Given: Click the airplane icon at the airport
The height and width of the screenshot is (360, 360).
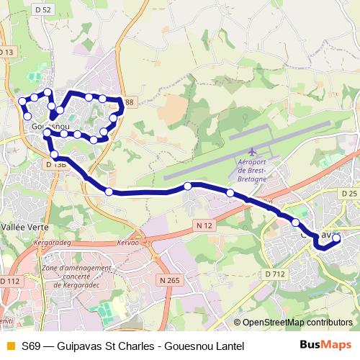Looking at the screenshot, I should pos(251,152).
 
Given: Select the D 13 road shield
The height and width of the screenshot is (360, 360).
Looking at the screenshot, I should pos(6,53).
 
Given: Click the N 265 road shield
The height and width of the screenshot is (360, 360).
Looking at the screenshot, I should pos(170,279).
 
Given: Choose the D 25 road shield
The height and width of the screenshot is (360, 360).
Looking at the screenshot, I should pos(349,194).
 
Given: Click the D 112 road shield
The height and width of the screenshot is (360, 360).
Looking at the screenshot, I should pos(10,280).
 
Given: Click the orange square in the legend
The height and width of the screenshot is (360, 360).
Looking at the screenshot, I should pos(9,346).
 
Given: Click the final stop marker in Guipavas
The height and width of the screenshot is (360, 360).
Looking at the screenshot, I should pos(336,237).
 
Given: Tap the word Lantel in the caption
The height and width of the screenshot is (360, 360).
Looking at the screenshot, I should pos(228,346).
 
